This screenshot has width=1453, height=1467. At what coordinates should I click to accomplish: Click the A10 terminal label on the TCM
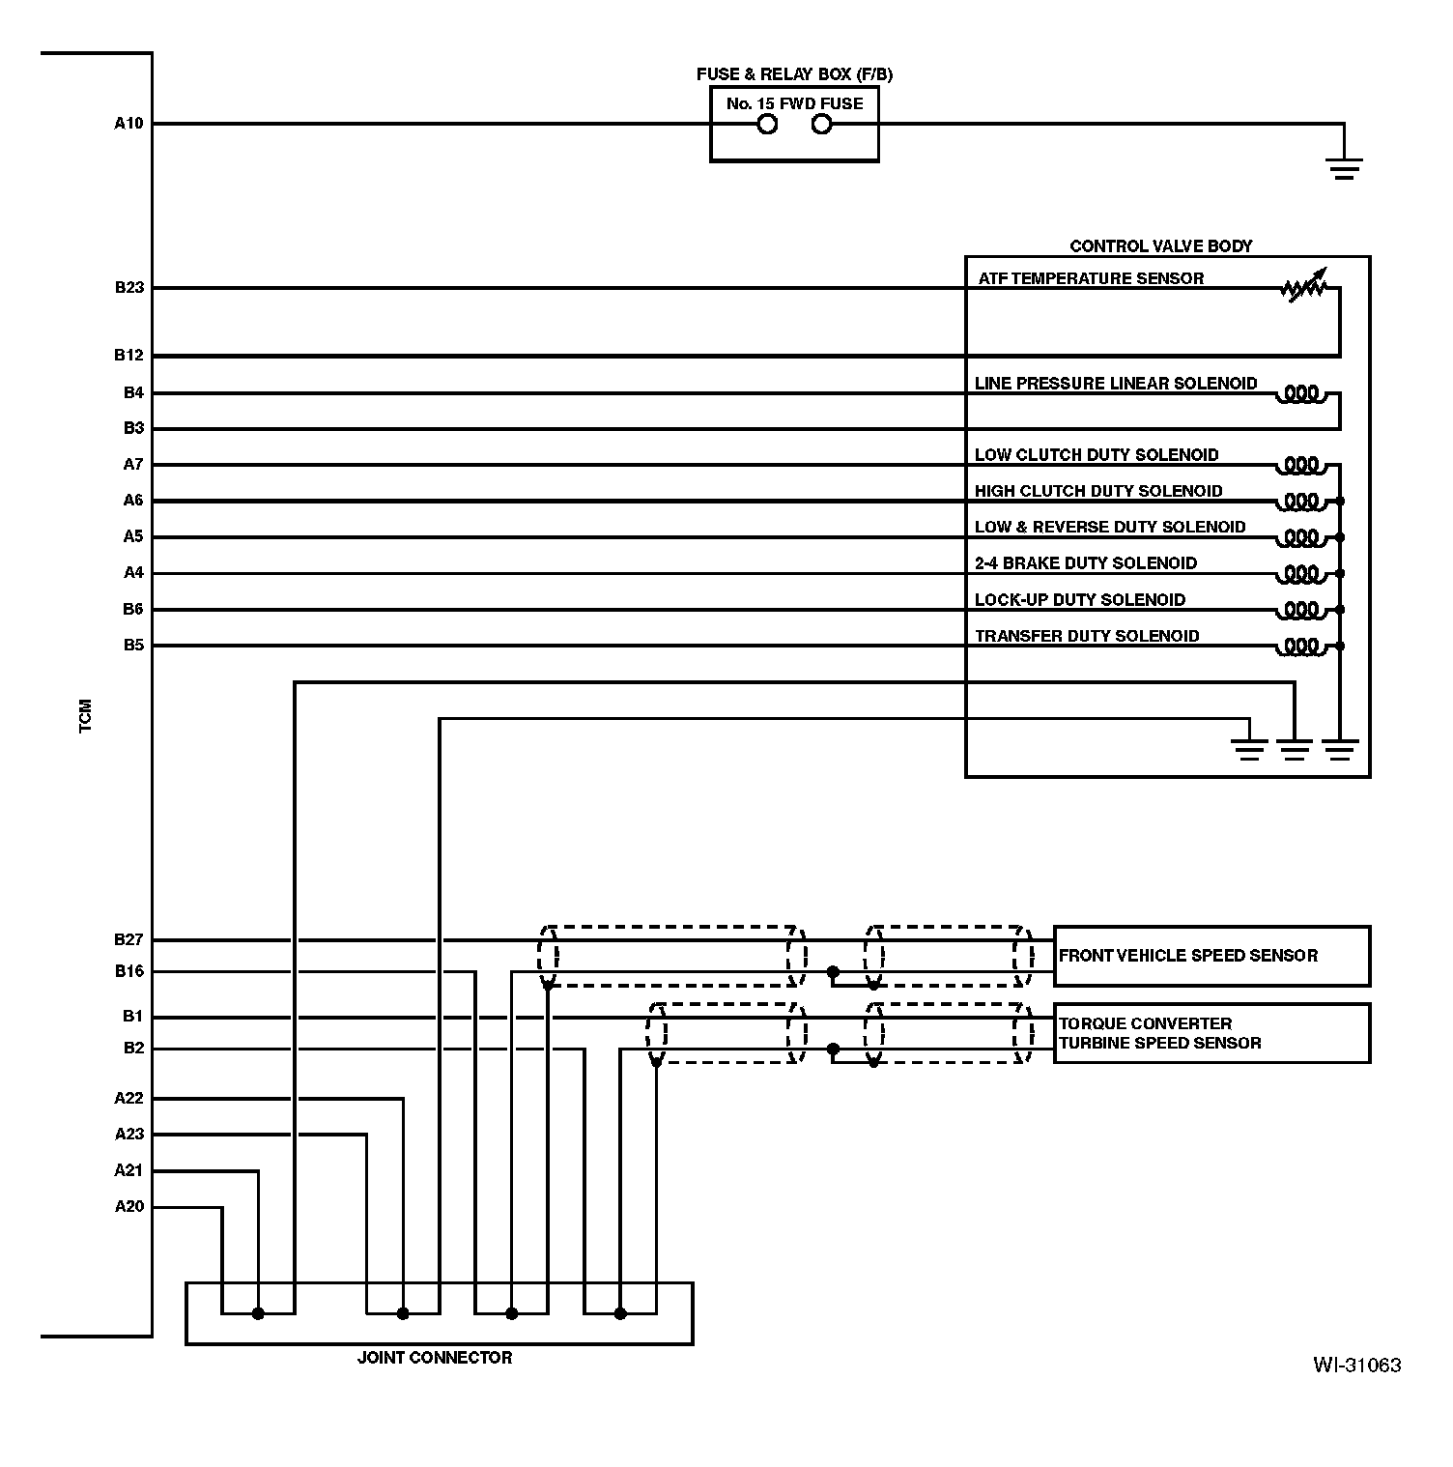click(x=128, y=124)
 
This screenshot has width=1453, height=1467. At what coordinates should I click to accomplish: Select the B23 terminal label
click(x=128, y=288)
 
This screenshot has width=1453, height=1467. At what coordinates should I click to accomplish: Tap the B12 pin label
click(x=128, y=356)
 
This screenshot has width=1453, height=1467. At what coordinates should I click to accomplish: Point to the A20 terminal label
click(x=128, y=1207)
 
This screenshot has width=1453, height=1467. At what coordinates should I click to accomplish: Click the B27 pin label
click(x=128, y=939)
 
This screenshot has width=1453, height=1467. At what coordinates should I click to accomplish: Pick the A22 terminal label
click(x=128, y=1099)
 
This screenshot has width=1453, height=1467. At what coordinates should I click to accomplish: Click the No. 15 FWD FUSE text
click(x=794, y=103)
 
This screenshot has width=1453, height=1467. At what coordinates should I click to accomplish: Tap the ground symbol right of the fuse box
click(x=1344, y=169)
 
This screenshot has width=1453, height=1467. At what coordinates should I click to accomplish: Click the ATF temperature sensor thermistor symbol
click(x=1304, y=286)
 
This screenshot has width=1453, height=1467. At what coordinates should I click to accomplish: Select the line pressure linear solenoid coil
click(x=1301, y=394)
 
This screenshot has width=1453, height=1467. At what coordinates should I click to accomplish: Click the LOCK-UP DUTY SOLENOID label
click(x=1079, y=600)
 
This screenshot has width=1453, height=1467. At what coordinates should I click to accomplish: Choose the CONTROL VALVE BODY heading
click(x=1160, y=246)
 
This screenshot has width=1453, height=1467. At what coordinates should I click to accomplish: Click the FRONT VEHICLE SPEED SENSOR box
click(x=1211, y=956)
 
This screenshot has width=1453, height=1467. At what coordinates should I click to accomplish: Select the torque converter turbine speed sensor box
click(x=1211, y=1034)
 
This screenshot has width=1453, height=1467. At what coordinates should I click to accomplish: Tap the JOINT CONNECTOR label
click(x=435, y=1358)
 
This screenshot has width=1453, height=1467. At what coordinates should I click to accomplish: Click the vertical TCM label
click(x=86, y=715)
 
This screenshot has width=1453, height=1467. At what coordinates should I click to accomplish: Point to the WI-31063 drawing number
click(x=1356, y=1366)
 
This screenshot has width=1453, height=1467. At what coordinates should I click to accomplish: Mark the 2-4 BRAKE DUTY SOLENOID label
click(x=1085, y=563)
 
